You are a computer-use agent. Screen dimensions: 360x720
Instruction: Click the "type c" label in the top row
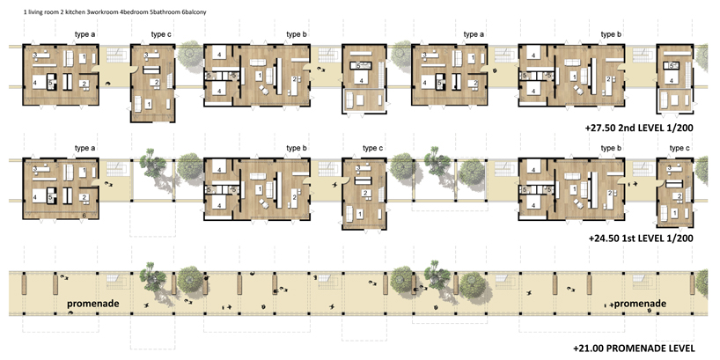(161, 35)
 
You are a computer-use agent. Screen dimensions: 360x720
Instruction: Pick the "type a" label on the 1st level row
(85, 148)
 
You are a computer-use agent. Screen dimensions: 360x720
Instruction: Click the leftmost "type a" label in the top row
(85, 35)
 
